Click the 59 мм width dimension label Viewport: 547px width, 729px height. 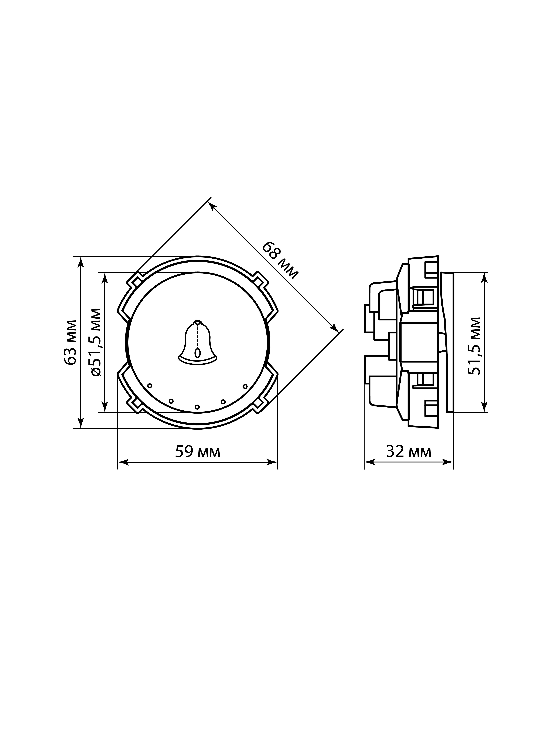click(x=198, y=452)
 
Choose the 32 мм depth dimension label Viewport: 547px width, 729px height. click(x=409, y=452)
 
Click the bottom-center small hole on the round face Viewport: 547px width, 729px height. click(x=197, y=407)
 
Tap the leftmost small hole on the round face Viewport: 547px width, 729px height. click(x=150, y=386)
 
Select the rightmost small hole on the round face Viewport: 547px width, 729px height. click(x=245, y=386)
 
